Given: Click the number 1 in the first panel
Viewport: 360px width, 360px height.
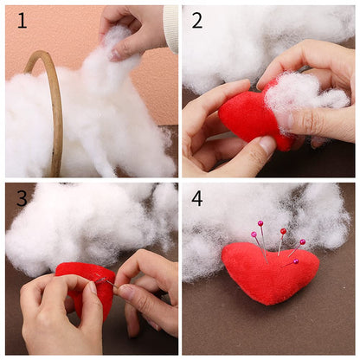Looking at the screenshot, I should pyautogui.click(x=22, y=20).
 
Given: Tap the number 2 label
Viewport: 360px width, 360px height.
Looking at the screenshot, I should pyautogui.click(x=198, y=20).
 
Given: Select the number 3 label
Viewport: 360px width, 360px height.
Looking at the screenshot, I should pyautogui.click(x=22, y=198).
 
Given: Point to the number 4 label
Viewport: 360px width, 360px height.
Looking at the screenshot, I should pyautogui.click(x=198, y=198).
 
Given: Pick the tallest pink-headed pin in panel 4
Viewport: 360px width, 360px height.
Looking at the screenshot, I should pyautogui.click(x=260, y=224).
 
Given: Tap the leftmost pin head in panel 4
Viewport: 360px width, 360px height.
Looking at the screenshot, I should pyautogui.click(x=254, y=235).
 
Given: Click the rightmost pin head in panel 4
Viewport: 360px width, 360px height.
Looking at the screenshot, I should pyautogui.click(x=302, y=242).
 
